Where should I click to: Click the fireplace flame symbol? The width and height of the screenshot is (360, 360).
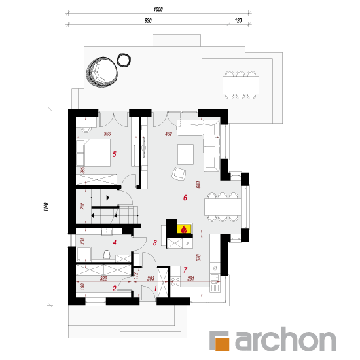coord(184,229)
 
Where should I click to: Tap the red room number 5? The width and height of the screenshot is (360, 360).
coord(114,154)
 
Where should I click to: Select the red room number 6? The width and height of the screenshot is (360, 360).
coord(185,198)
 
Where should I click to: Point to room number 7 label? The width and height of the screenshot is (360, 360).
coord(185,270)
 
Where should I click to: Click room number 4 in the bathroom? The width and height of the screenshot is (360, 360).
coord(115,242)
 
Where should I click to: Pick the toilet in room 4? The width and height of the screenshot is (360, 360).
coord(107,255)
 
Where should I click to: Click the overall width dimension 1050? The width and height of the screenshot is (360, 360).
coord(158,9)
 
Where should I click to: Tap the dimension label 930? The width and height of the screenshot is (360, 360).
coord(148,21)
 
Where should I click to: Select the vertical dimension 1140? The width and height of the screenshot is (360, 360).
coord(46,207)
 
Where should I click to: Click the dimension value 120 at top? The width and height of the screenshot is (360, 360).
coord(238,21)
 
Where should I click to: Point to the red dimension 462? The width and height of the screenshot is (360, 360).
coord(168,134)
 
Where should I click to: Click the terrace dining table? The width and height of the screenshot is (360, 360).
coord(241,85)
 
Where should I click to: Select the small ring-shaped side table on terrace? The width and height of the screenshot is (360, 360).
coord(124,60)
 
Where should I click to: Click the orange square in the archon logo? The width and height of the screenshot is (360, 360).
coord(223,344)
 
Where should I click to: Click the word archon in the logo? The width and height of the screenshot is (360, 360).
coord(285,339)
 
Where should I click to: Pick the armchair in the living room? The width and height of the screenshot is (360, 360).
coord(179,174)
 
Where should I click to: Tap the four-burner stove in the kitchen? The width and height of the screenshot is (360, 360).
coord(175,281)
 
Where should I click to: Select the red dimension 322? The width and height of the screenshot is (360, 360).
coord(103,278)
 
